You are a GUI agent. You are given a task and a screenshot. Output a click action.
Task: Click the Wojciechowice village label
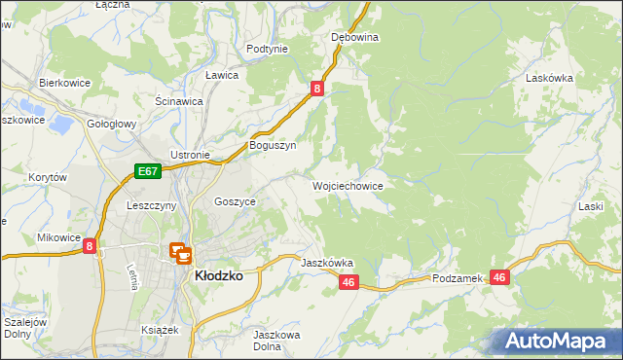click(x=347, y=185)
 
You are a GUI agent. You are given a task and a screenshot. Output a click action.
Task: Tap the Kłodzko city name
click(x=218, y=275)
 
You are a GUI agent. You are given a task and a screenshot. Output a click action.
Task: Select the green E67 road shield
click(x=147, y=172)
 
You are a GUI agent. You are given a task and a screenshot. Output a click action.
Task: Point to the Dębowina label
click(x=354, y=37)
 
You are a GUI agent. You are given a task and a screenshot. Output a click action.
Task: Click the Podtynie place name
click(x=267, y=49)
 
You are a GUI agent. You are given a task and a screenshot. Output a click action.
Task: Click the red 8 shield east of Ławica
click(x=317, y=89)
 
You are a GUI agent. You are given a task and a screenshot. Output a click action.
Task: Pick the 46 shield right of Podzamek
click(x=500, y=277)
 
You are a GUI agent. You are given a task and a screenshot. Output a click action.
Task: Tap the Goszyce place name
click(x=235, y=201)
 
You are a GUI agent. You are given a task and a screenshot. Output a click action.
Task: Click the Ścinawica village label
click(x=178, y=100)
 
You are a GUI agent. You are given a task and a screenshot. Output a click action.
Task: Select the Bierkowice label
click(x=64, y=83)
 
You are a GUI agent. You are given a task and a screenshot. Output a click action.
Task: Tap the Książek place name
click(x=161, y=330)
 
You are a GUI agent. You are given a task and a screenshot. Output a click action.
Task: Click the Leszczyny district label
click(x=151, y=206)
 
